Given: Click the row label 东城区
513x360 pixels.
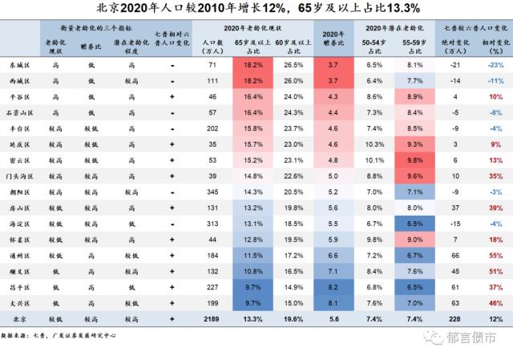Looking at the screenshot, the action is [x=19, y=65].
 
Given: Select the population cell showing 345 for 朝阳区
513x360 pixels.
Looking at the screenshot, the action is [x=212, y=192].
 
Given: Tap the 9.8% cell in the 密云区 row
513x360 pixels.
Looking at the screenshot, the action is [x=415, y=160].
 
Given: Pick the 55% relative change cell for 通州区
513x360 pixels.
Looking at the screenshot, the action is [x=495, y=256].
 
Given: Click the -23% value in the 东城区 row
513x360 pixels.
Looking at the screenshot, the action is [x=495, y=65].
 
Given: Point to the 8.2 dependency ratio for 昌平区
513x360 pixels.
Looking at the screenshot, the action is [x=333, y=287].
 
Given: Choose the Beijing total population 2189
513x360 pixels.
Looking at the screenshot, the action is [x=212, y=319].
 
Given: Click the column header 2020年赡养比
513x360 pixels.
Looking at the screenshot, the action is [x=333, y=38].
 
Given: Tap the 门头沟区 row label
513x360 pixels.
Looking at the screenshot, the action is [x=19, y=176].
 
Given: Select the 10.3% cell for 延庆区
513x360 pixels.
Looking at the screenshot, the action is [x=374, y=144].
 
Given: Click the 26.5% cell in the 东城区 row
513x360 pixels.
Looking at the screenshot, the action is [x=293, y=65].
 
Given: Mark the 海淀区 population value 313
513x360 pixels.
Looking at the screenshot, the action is [x=212, y=224].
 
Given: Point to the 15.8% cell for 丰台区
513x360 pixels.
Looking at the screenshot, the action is [x=253, y=128].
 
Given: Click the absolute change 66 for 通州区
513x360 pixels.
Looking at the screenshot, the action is [x=455, y=256].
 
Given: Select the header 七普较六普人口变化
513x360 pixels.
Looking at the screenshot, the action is [x=475, y=28].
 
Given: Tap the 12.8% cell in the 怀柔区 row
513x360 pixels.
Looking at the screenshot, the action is [x=253, y=240].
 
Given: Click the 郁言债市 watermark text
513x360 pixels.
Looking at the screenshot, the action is [x=471, y=338].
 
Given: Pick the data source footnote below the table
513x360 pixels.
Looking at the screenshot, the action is [x=59, y=335].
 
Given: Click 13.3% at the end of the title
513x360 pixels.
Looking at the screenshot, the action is [x=403, y=8].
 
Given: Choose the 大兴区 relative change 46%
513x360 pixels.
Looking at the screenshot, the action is [x=495, y=303].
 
